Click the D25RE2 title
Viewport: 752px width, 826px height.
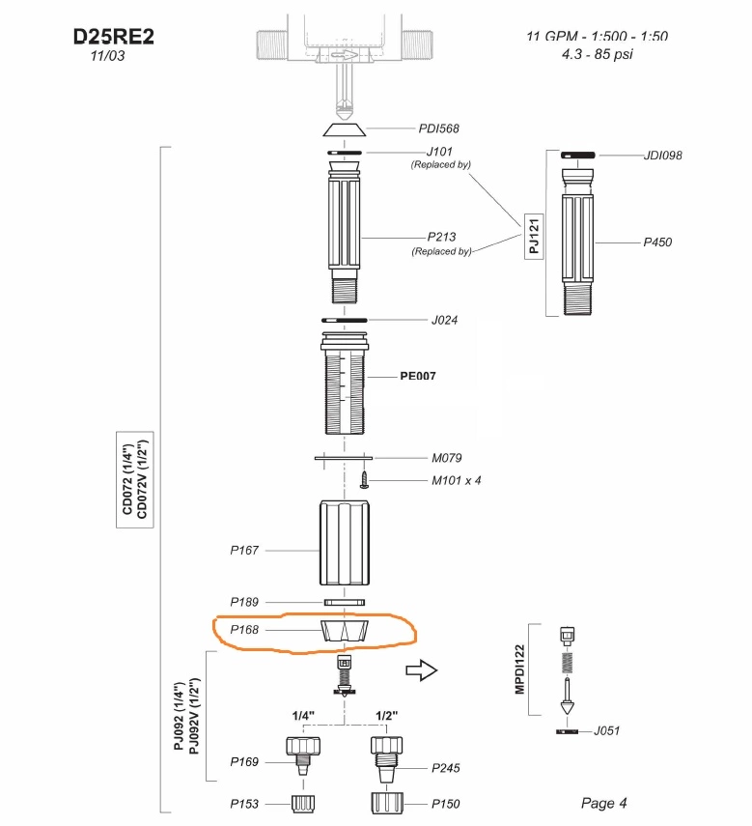pyautogui.click(x=114, y=37)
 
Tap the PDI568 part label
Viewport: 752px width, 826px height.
pyautogui.click(x=437, y=128)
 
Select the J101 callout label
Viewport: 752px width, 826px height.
pyautogui.click(x=439, y=152)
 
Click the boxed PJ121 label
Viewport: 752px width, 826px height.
pyautogui.click(x=534, y=236)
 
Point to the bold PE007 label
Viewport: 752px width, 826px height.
pyautogui.click(x=419, y=376)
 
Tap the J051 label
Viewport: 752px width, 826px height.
pyautogui.click(x=606, y=730)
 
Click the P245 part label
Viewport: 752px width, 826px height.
pyautogui.click(x=445, y=768)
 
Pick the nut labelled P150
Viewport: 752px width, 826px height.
pyautogui.click(x=387, y=803)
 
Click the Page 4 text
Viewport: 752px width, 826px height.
pyautogui.click(x=603, y=803)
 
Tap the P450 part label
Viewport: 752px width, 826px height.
pyautogui.click(x=657, y=242)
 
